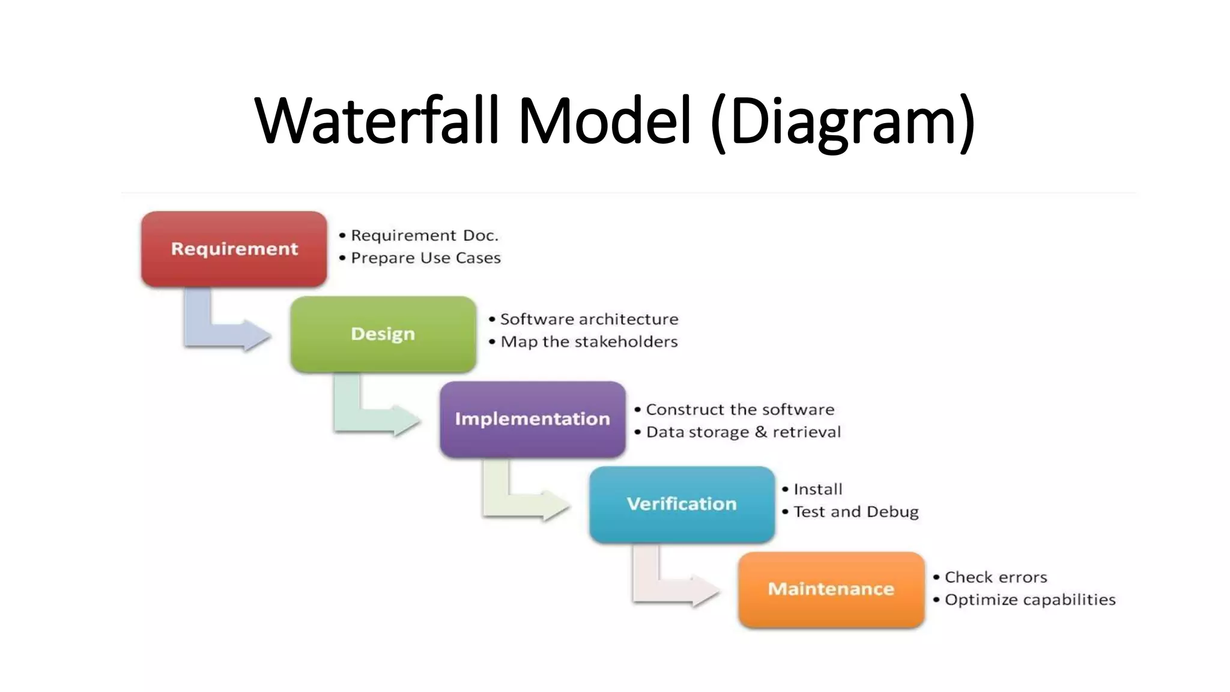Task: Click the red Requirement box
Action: pos(234,249)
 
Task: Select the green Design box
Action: pos(383,334)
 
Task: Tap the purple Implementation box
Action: pos(532,419)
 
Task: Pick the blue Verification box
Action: pos(682,504)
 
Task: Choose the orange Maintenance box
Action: pos(831,589)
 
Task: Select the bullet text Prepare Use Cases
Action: pos(425,258)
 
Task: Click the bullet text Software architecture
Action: pos(589,320)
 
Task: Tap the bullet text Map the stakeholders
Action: pos(589,342)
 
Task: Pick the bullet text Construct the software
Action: pos(740,410)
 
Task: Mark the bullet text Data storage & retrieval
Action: pos(744,432)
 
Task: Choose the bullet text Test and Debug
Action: pos(856,512)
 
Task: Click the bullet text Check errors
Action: pos(996,577)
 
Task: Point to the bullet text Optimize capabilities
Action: pos(1030,600)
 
